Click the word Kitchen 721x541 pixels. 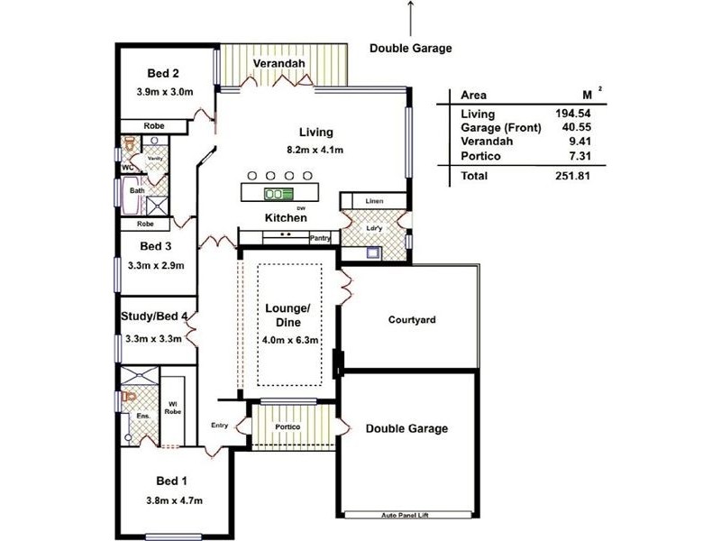[x=286, y=218]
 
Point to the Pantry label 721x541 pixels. [x=320, y=238]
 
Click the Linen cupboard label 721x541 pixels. [x=374, y=200]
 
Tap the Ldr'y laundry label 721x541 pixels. [x=376, y=227]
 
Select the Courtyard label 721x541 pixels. [x=412, y=320]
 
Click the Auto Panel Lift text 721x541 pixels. [x=410, y=517]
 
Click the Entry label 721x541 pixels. [x=220, y=426]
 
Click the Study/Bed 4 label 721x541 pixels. [x=155, y=316]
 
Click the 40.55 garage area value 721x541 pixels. [x=574, y=128]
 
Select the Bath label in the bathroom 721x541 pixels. [x=137, y=190]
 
